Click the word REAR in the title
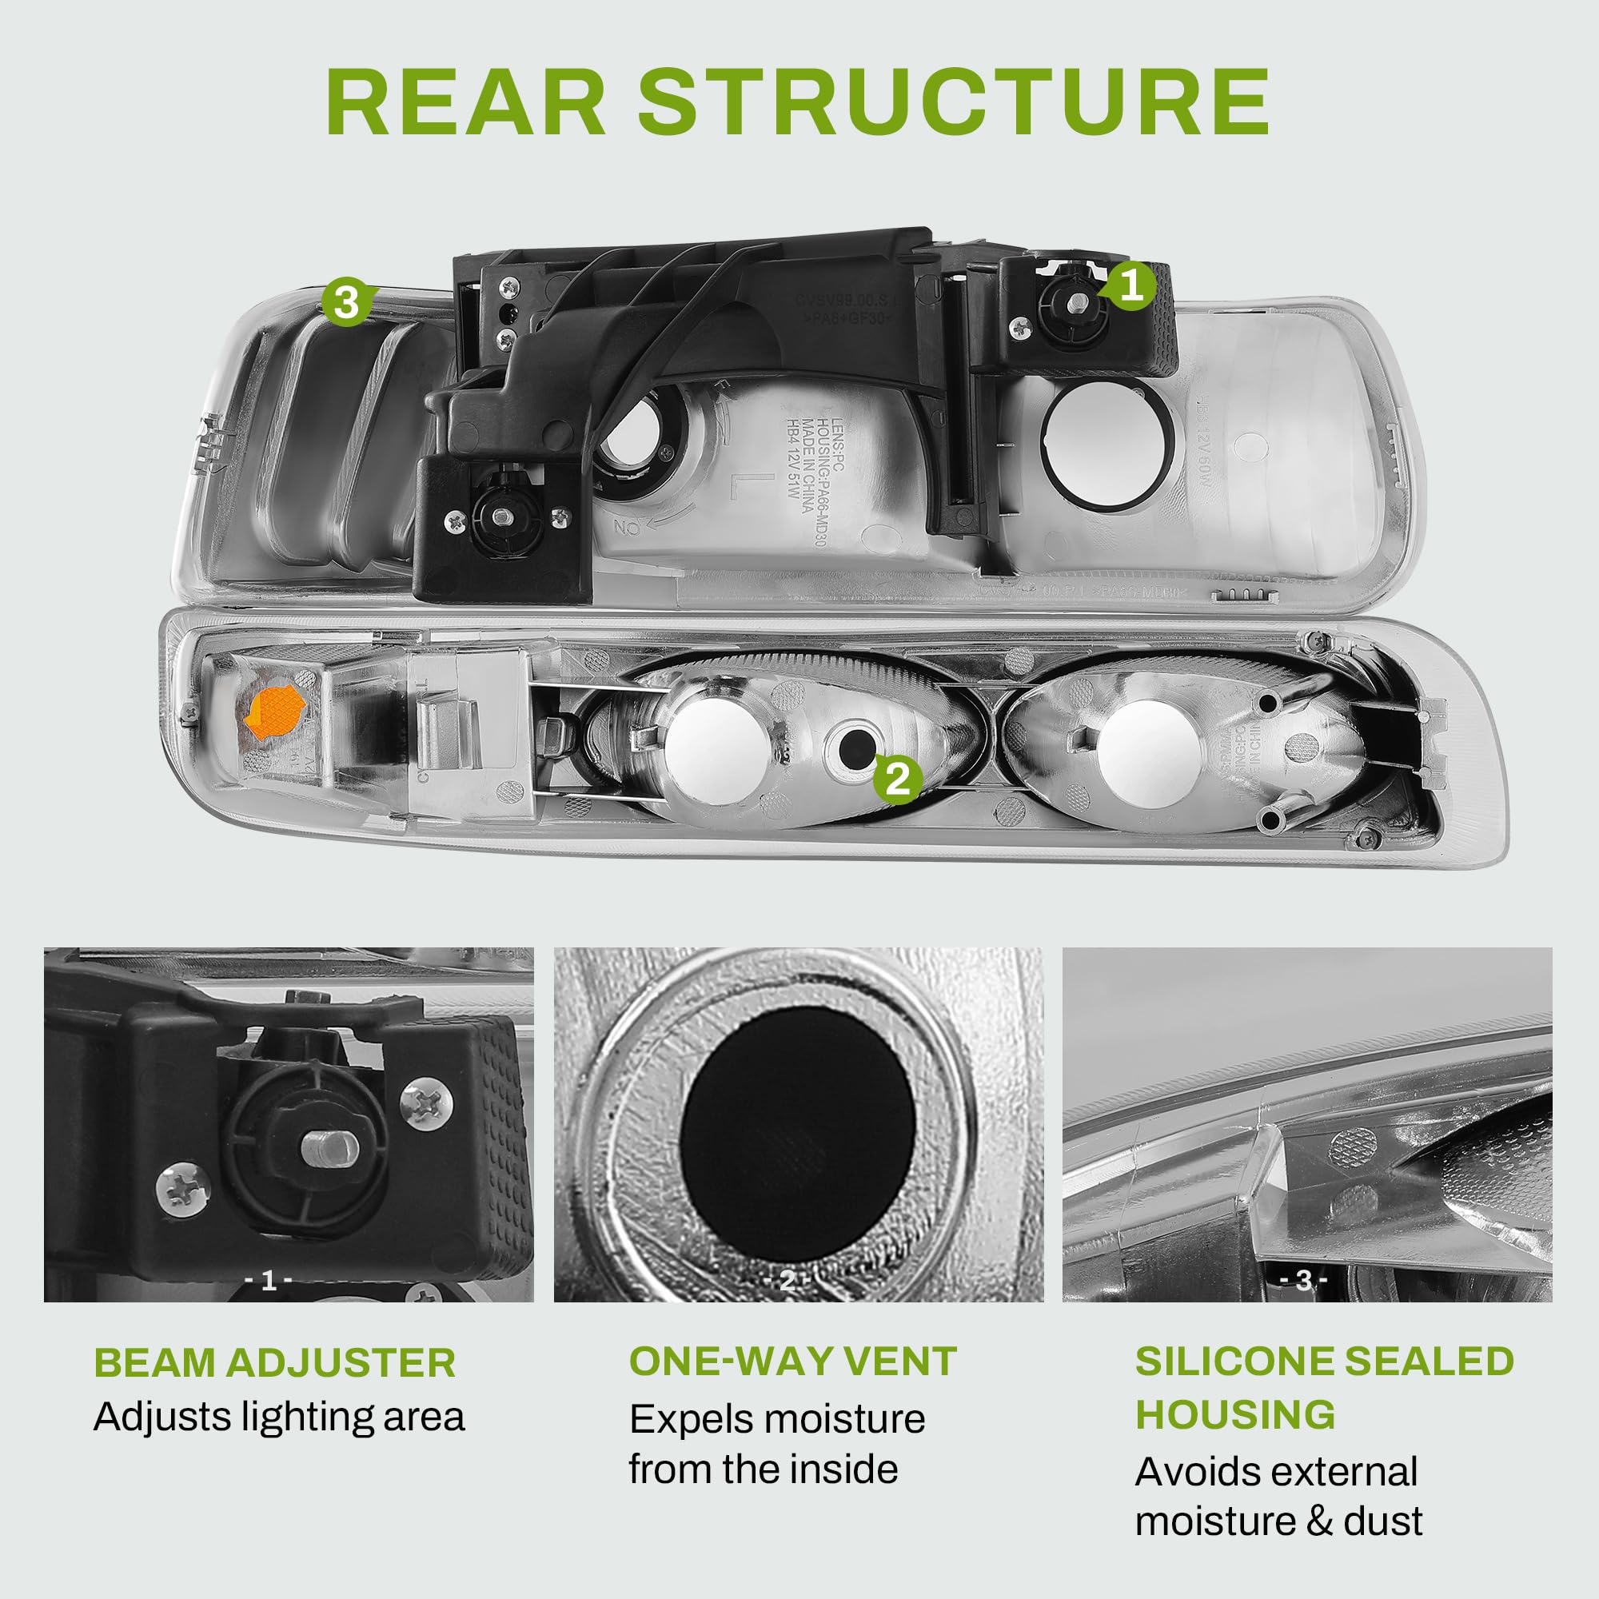[x=466, y=101]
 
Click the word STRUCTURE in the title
[x=953, y=101]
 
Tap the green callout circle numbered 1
[x=1130, y=285]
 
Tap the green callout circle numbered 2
[x=897, y=777]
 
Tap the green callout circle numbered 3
[x=346, y=301]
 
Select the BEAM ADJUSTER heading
[x=274, y=1363]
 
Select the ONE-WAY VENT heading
[x=792, y=1362]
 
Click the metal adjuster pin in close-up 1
[x=329, y=1148]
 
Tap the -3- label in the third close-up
[x=1303, y=1280]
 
